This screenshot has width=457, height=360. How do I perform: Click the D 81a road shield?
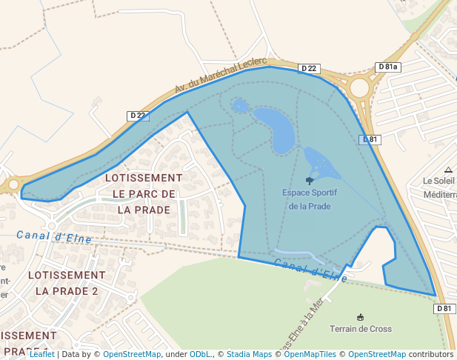(387, 67)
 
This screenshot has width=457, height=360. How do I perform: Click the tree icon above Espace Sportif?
(310, 180)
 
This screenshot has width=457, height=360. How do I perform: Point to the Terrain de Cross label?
(361, 328)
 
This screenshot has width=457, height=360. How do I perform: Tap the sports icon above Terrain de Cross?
(361, 316)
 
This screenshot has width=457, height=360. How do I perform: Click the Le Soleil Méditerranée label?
(439, 187)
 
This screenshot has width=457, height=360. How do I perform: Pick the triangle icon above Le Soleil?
(448, 170)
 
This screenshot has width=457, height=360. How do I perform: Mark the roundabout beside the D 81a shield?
(359, 87)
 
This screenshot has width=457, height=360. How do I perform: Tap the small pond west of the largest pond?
(240, 106)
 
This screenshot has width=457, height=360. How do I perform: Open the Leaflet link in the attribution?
(41, 354)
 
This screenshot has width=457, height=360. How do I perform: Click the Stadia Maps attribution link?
(249, 354)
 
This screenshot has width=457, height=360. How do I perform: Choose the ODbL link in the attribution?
(200, 354)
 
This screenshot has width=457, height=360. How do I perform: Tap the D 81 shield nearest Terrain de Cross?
(444, 308)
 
